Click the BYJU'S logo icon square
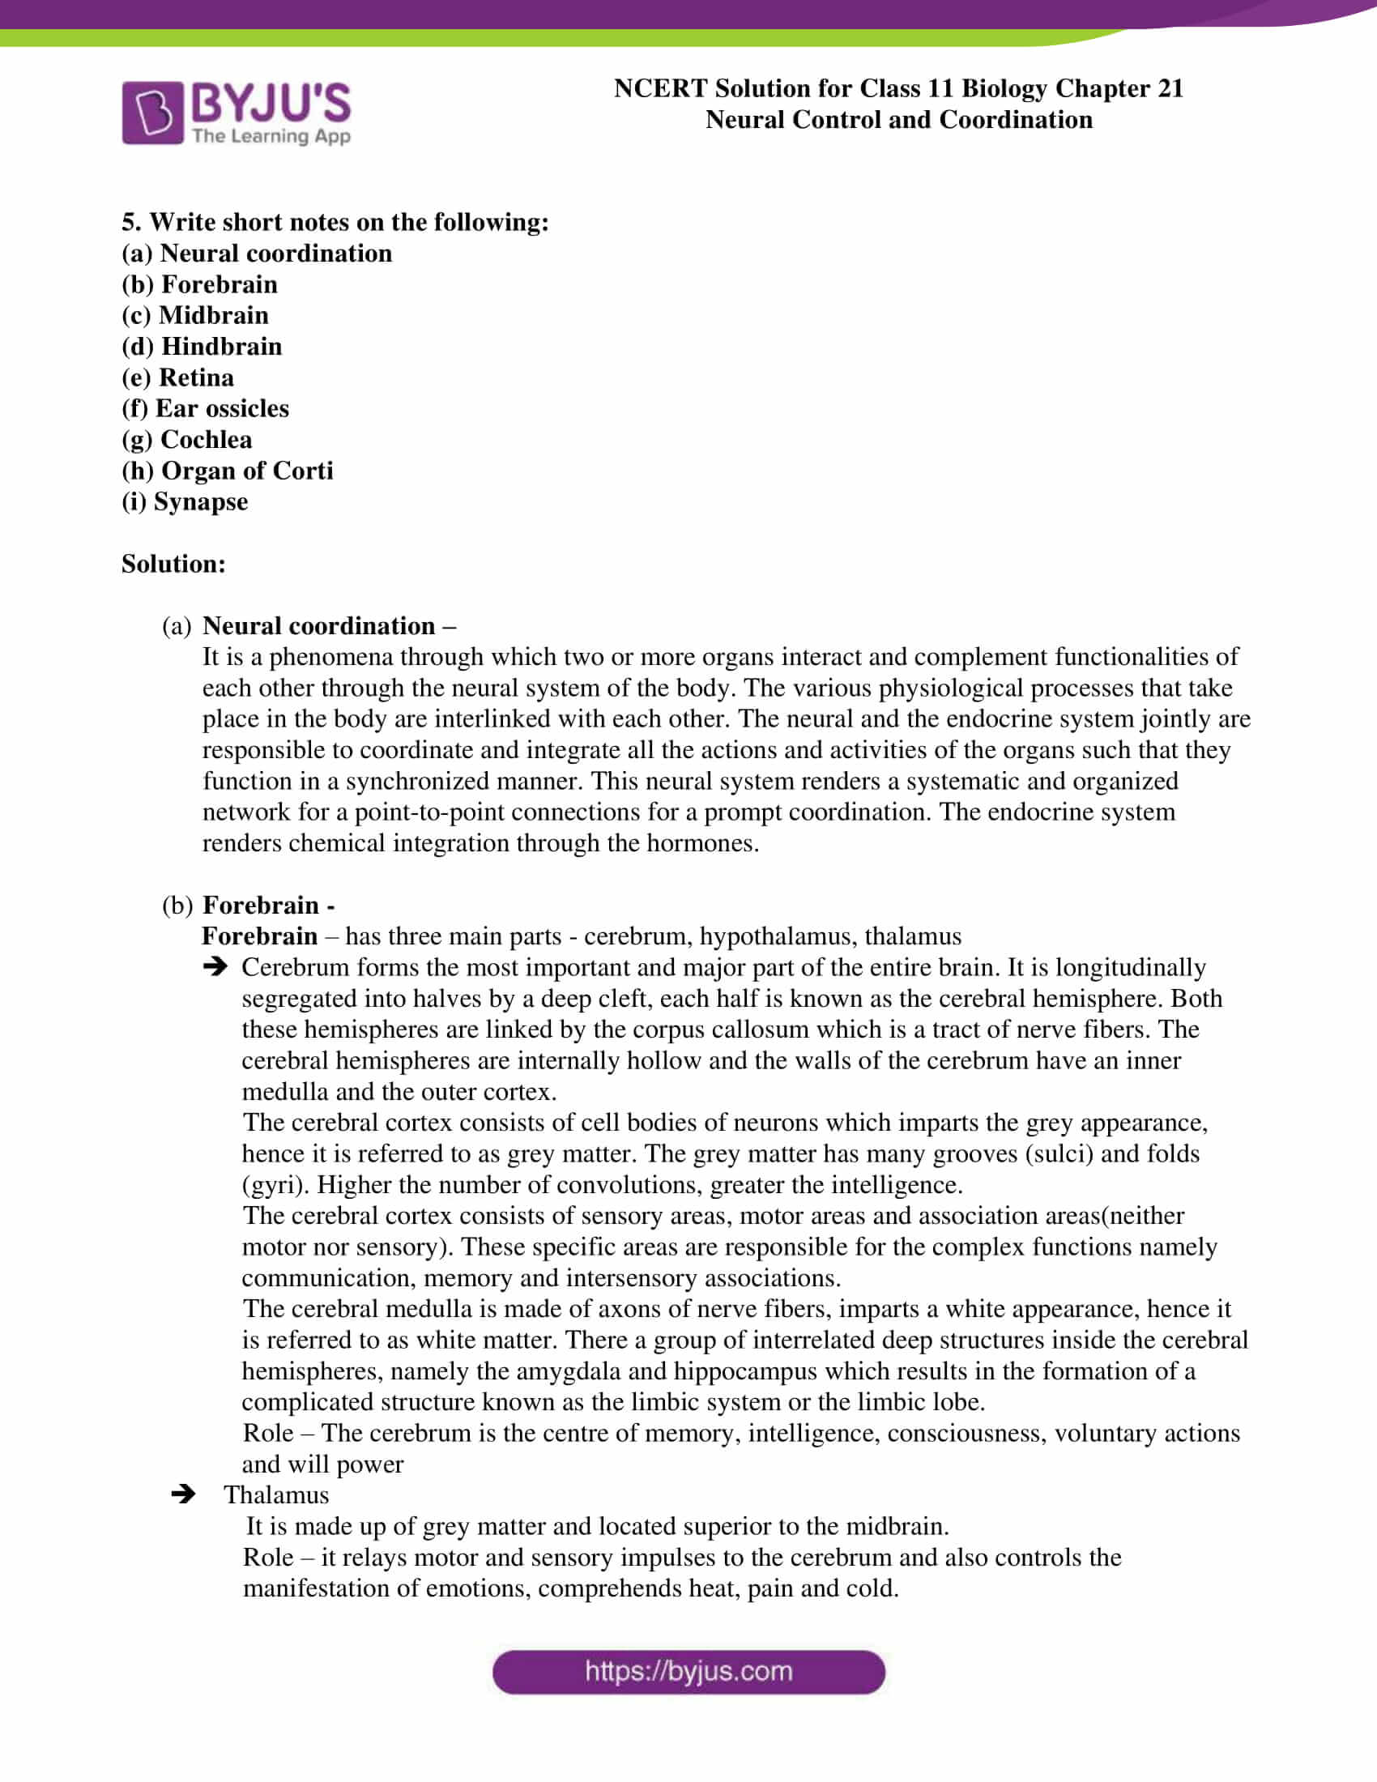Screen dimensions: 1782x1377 152,113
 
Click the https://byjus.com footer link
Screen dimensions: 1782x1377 688,1672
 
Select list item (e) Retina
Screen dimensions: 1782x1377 178,377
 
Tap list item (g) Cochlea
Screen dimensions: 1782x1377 187,440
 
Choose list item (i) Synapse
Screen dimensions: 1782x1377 185,502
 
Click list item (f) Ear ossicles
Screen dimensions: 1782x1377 205,409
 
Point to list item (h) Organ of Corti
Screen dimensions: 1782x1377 227,471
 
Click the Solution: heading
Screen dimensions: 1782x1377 173,564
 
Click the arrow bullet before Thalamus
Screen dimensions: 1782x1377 184,1494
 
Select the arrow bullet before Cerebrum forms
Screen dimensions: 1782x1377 215,967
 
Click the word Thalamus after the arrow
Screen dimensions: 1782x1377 276,1494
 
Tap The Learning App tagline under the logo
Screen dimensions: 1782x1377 271,136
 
